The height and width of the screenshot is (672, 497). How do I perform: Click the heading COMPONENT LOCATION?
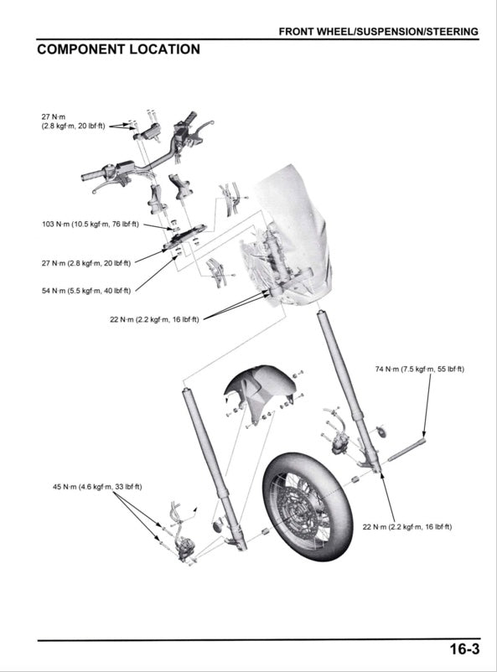coord(118,49)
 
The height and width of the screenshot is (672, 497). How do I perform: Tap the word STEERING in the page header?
coord(452,31)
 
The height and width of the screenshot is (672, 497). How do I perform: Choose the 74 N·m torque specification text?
coord(419,370)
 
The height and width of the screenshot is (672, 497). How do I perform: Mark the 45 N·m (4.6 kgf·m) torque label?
coord(97,487)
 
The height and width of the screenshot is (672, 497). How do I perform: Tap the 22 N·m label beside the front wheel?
coord(406,527)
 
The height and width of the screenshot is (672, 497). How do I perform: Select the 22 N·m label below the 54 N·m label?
coord(154,319)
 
